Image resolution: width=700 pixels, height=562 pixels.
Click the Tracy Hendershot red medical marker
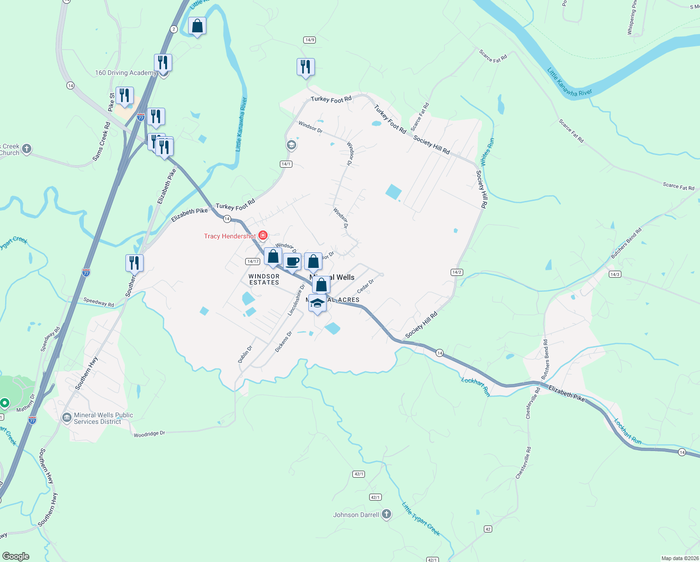263,235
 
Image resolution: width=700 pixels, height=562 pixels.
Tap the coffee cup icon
292,262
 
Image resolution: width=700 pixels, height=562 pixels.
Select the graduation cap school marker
318,303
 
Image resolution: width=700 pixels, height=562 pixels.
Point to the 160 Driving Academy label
125,73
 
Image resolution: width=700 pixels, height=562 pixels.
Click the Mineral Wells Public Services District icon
66,417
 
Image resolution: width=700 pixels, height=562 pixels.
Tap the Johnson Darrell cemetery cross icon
386,514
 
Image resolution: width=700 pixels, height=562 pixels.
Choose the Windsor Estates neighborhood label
264,280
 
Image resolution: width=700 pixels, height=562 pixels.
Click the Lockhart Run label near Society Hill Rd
476,387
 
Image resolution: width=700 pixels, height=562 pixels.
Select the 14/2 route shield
457,272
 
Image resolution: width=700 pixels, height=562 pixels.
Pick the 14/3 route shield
614,274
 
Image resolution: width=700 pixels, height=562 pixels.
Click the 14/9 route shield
309,40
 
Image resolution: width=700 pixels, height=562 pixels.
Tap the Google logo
16,556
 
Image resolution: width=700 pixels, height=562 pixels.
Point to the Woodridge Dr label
149,434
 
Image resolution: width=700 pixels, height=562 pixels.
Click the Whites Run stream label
487,152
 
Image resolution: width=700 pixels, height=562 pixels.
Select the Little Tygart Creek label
421,518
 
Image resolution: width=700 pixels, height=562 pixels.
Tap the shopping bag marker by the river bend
197,26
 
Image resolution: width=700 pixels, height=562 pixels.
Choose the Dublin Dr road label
245,354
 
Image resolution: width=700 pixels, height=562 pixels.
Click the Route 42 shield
488,529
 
